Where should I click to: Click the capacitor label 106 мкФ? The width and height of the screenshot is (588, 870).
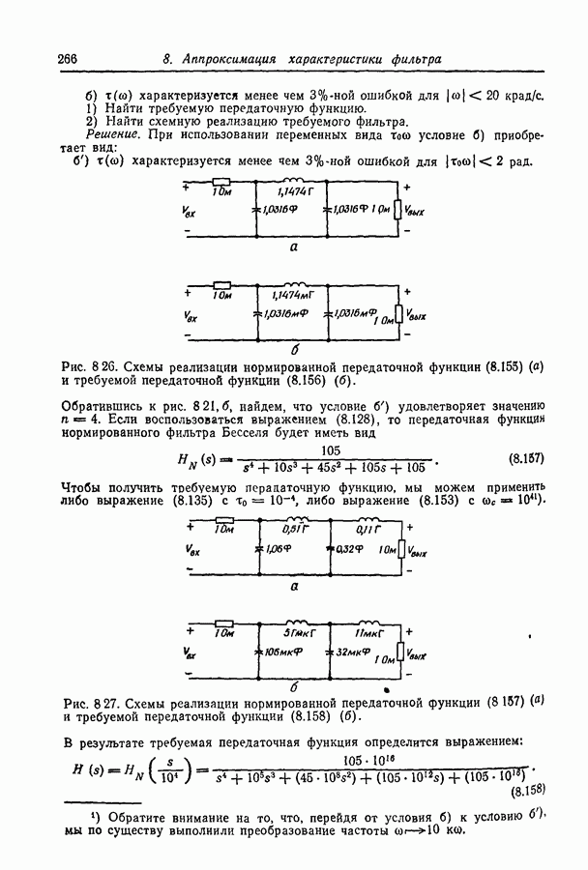pyautogui.click(x=284, y=652)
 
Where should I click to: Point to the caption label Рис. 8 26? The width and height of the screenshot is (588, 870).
pyautogui.click(x=90, y=368)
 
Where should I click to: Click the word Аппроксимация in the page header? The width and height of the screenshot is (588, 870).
pyautogui.click(x=225, y=60)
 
